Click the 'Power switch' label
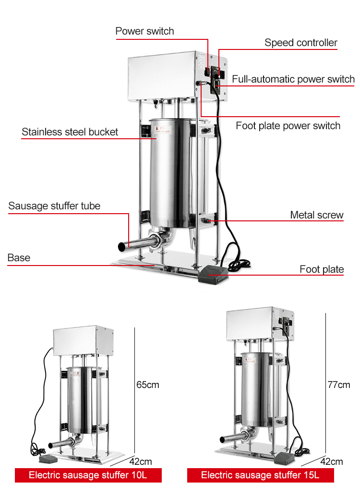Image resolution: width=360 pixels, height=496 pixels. [144, 32]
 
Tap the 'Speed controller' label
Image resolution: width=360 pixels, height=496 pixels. [301, 43]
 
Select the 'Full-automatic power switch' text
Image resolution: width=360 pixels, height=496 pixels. [293, 79]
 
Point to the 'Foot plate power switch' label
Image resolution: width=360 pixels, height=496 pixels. [288, 126]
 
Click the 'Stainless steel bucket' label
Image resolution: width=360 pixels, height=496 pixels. [70, 132]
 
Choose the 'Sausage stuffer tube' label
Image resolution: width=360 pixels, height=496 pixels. [54, 206]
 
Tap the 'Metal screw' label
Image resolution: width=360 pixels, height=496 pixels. [317, 215]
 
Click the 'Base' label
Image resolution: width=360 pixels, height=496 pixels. [19, 258]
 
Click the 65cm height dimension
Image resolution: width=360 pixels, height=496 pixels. [147, 385]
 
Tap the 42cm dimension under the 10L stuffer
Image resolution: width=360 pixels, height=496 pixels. [141, 462]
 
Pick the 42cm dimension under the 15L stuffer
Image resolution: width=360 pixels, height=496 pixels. [332, 462]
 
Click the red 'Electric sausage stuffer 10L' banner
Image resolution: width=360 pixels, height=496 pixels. [88, 475]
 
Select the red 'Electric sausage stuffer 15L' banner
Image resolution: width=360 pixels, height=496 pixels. [260, 475]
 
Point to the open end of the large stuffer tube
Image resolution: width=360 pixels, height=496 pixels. [122, 246]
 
